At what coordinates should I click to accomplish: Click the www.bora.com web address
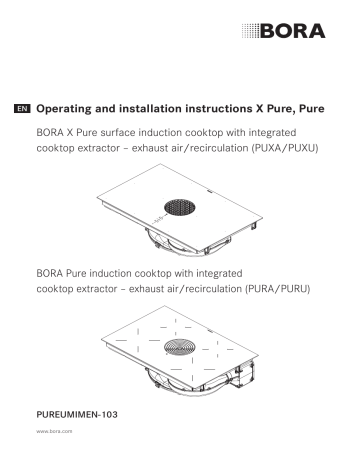coord(53,434)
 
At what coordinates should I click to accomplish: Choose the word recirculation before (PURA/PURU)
coord(203,289)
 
